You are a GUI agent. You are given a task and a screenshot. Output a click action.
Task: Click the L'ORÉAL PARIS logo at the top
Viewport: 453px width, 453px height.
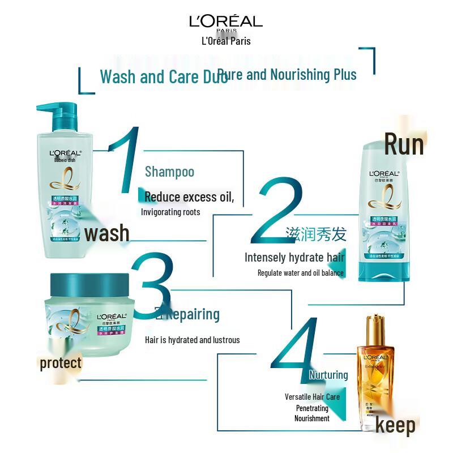click(226, 22)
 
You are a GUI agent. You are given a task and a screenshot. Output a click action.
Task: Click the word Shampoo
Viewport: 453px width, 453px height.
click(169, 172)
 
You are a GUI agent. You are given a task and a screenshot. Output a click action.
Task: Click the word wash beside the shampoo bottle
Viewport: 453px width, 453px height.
click(107, 233)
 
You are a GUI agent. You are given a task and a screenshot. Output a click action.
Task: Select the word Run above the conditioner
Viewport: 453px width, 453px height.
click(404, 144)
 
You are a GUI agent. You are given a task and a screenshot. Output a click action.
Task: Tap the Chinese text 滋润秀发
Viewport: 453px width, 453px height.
click(315, 234)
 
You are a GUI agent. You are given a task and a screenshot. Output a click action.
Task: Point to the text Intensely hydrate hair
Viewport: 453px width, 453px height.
click(294, 258)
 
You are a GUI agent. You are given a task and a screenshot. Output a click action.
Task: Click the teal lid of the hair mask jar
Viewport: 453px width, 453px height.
click(91, 283)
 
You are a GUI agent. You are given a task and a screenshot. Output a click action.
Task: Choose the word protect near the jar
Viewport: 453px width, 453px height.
click(61, 363)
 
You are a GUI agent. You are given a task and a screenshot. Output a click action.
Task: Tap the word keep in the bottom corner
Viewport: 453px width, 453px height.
click(395, 425)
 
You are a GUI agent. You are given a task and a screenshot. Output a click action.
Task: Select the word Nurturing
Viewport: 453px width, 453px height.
click(328, 375)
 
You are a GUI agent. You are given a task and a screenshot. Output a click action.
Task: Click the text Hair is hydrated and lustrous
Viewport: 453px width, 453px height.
click(193, 340)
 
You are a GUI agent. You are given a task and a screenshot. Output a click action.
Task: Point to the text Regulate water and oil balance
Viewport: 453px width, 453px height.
click(300, 273)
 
